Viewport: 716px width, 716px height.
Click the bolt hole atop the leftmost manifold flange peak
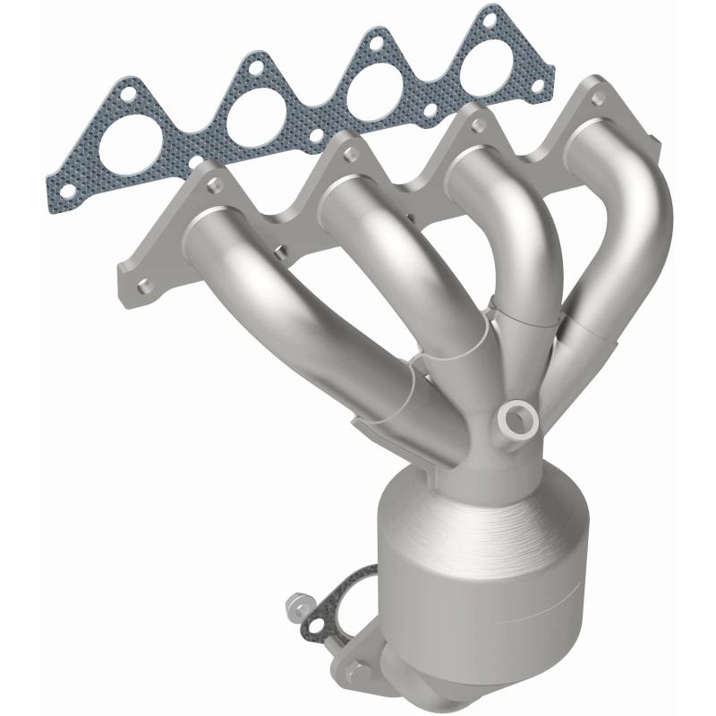pyautogui.click(x=214, y=184)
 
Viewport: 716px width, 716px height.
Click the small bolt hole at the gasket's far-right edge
pyautogui.click(x=540, y=88)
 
